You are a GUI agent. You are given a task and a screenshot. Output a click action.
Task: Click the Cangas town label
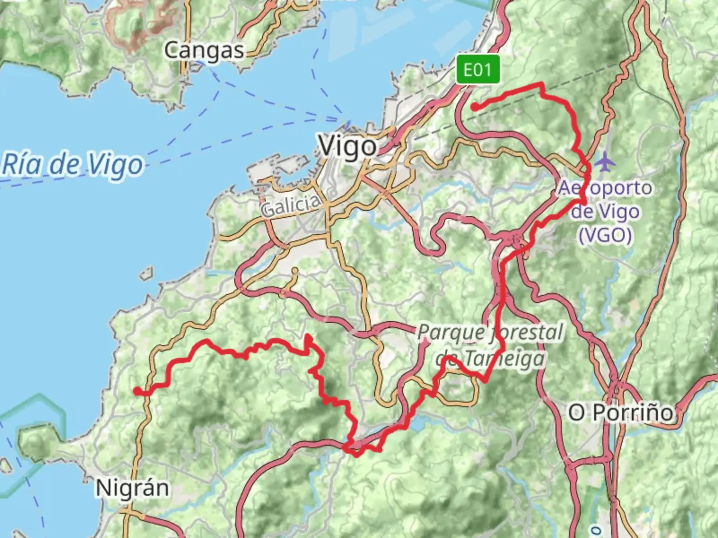(x=204, y=50)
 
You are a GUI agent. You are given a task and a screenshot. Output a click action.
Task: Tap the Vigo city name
(x=348, y=146)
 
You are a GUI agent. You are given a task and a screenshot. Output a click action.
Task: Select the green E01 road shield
(x=478, y=70)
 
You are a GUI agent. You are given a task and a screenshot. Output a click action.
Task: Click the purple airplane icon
(x=605, y=162)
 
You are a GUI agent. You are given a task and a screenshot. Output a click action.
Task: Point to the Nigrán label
(x=132, y=488)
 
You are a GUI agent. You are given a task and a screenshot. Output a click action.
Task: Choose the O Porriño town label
(x=621, y=412)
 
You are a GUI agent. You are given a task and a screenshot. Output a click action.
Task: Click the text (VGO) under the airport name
(x=605, y=234)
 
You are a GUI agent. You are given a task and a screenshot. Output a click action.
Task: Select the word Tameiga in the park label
(x=504, y=358)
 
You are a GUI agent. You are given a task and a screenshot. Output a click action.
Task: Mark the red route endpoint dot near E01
(x=475, y=107)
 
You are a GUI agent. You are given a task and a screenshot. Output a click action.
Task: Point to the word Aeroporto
(x=604, y=188)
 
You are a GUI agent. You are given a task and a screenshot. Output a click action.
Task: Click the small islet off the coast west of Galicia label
(x=146, y=274)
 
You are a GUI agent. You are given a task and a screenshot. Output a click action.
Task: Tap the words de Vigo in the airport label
(x=604, y=211)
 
